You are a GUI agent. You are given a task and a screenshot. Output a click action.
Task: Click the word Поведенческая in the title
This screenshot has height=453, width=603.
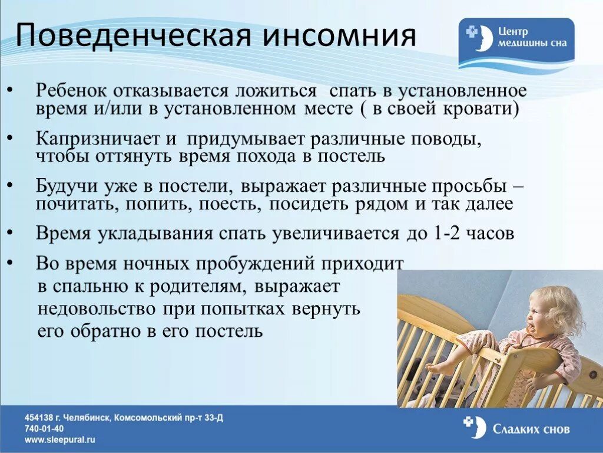point(134,35)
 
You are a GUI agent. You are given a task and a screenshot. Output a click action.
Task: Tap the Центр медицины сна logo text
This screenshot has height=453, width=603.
point(532,37)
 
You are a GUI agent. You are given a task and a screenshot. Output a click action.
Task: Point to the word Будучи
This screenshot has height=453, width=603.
point(67,186)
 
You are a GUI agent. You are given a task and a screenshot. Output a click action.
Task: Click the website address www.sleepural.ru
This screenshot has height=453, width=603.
point(60,439)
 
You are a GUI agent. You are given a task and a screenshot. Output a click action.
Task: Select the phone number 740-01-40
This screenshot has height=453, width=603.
point(44,428)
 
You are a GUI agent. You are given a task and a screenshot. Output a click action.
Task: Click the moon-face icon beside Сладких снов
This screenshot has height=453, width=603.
point(476,428)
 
